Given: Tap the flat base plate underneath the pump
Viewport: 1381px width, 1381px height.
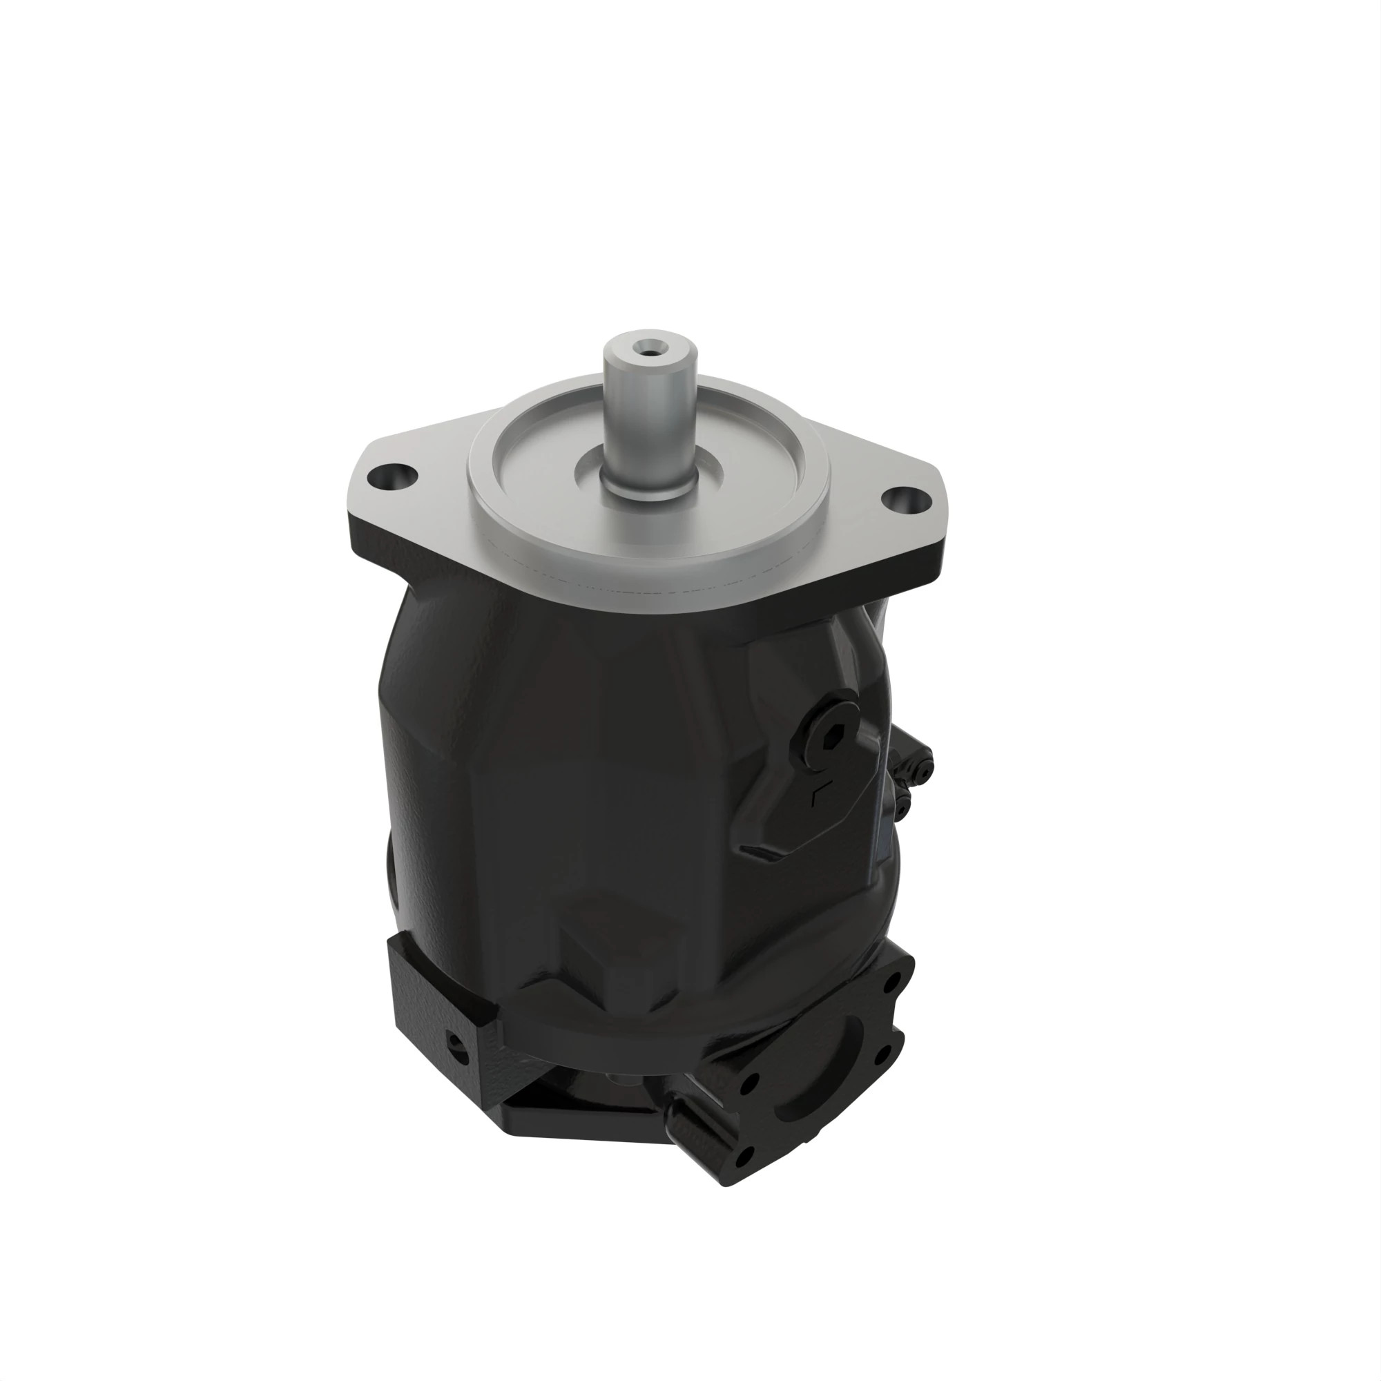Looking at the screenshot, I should pos(572,1126).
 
